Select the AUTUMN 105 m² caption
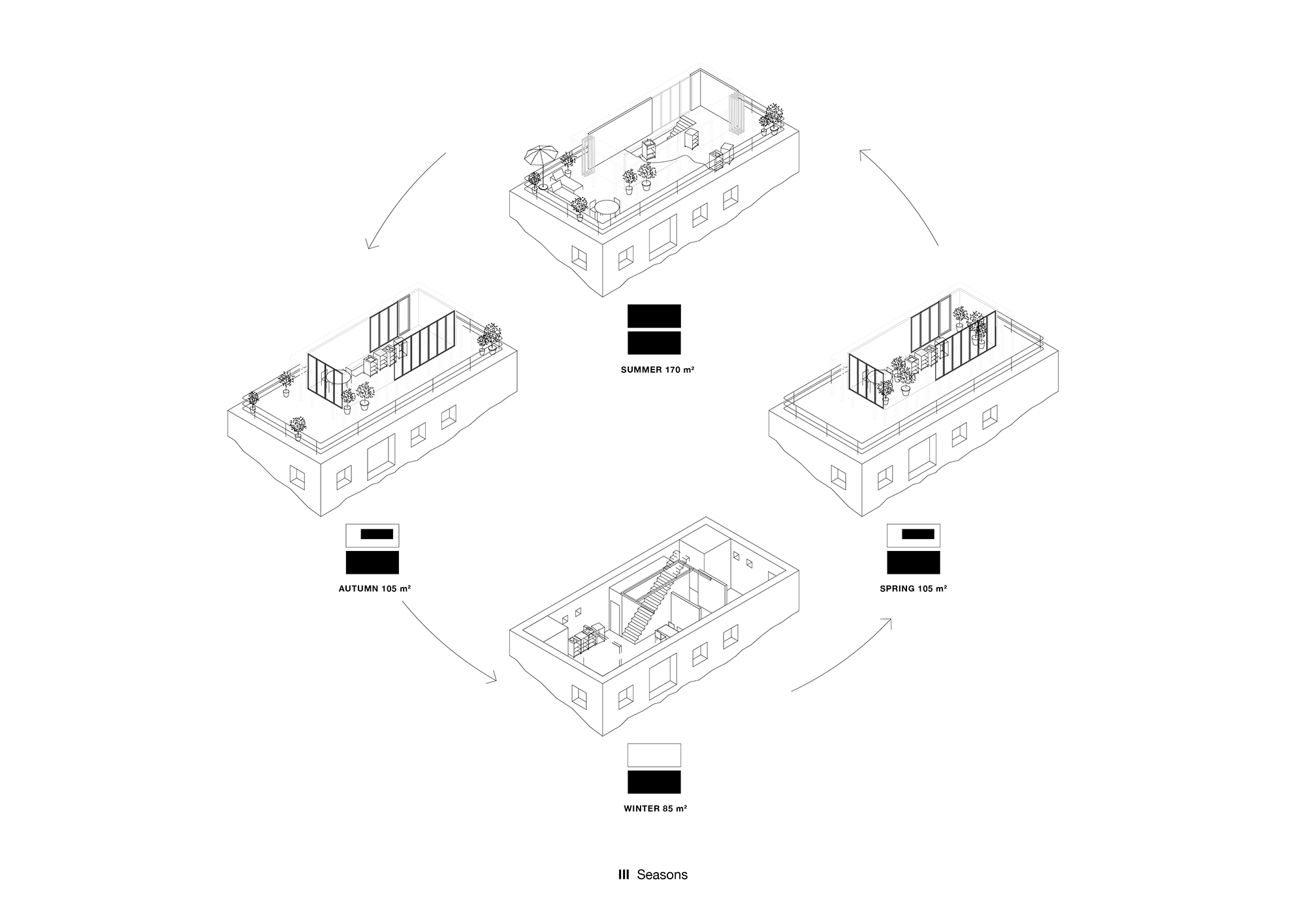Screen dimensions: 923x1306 pyautogui.click(x=374, y=589)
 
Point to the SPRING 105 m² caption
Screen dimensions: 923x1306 pyautogui.click(x=913, y=589)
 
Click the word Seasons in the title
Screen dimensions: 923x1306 pyautogui.click(x=662, y=875)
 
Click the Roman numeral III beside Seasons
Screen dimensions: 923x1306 pyautogui.click(x=624, y=875)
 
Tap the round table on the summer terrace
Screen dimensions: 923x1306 pyautogui.click(x=607, y=209)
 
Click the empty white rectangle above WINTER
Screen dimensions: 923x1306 pyautogui.click(x=654, y=755)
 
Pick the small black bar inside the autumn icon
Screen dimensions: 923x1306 pyautogui.click(x=377, y=534)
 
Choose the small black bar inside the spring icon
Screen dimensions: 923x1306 pyautogui.click(x=918, y=534)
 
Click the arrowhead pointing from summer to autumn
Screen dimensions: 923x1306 pyautogui.click(x=372, y=244)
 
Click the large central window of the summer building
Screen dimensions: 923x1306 pyautogui.click(x=663, y=238)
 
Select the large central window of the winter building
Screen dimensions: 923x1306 pyautogui.click(x=663, y=676)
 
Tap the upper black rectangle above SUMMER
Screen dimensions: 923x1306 pyautogui.click(x=654, y=316)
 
